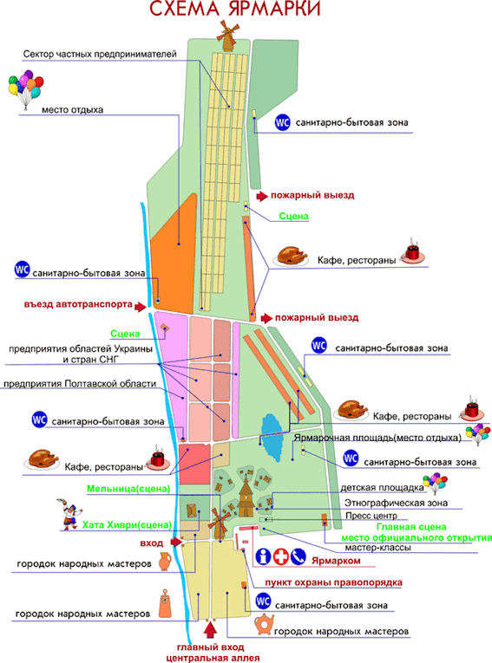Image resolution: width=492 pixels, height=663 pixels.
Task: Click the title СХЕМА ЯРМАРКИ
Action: (235, 9)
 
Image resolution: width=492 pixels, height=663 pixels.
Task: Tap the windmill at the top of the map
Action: (228, 36)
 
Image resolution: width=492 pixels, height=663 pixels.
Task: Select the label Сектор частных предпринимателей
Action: (100, 54)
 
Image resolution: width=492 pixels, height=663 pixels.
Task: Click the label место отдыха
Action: (72, 110)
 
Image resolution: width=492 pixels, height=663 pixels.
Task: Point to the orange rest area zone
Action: (174, 254)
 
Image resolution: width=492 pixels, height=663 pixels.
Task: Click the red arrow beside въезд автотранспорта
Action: (141, 306)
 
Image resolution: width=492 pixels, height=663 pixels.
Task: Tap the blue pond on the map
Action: (272, 438)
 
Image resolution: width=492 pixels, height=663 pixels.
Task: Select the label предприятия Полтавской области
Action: (80, 384)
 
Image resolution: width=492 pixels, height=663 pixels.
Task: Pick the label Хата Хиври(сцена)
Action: (127, 525)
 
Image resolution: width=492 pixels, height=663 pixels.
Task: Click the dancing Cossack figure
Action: (69, 514)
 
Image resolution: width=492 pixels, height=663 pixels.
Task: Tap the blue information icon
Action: (264, 556)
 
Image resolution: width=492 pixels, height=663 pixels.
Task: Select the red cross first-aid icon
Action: (281, 556)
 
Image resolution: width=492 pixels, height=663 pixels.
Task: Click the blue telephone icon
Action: (298, 556)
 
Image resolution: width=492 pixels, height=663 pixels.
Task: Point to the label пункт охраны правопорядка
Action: (334, 582)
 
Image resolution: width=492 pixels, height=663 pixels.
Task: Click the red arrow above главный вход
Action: (210, 629)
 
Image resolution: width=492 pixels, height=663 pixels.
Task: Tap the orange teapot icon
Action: (264, 625)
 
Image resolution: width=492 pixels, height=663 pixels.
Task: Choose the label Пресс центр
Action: (371, 516)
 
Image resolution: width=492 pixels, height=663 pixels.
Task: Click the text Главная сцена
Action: (411, 527)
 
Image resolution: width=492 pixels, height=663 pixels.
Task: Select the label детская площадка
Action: (383, 488)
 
